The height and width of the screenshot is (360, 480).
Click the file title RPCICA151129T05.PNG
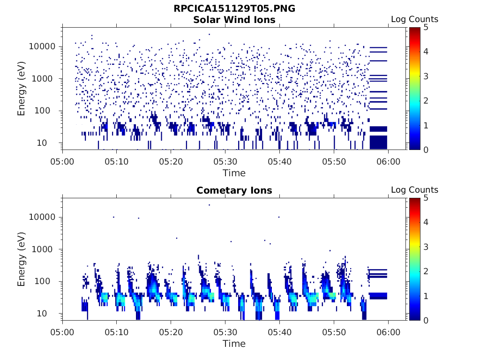pyautogui.click(x=234, y=8)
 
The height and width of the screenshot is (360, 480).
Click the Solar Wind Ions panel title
pyautogui.click(x=234, y=20)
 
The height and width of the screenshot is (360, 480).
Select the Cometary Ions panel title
pyautogui.click(x=234, y=190)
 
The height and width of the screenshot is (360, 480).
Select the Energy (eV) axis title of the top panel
pyautogui.click(x=22, y=89)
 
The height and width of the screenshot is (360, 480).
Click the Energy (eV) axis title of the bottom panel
pyautogui.click(x=22, y=259)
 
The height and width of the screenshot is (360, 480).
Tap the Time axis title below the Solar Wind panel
pyautogui.click(x=234, y=173)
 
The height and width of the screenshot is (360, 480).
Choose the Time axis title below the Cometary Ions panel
pyautogui.click(x=234, y=344)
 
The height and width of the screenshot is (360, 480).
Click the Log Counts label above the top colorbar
pyautogui.click(x=414, y=19)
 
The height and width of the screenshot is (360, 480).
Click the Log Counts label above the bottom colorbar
pyautogui.click(x=414, y=190)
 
